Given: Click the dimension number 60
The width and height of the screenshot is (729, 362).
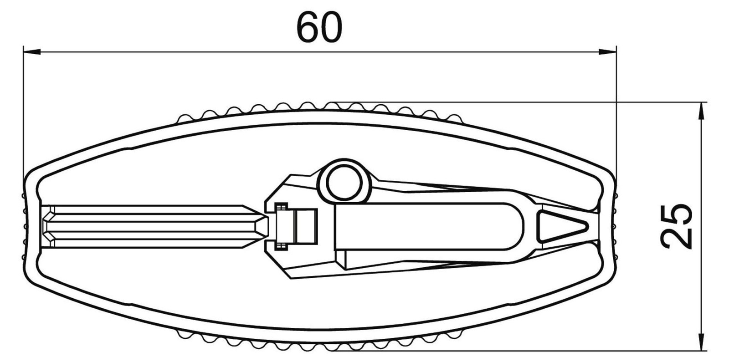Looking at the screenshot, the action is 319,27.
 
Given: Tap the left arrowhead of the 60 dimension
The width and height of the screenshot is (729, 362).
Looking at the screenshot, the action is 32,51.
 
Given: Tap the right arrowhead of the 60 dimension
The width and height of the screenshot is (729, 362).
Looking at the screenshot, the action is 608,51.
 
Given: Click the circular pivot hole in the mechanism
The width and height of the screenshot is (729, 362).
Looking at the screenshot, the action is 344,182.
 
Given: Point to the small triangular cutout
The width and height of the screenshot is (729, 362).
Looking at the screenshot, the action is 562,227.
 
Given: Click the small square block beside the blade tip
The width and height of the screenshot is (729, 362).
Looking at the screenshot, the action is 305,226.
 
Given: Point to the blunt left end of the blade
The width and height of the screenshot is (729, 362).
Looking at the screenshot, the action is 45,226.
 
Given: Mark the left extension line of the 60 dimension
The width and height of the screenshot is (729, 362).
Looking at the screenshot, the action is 23,116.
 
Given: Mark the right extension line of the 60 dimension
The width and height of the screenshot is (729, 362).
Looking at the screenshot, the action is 616,116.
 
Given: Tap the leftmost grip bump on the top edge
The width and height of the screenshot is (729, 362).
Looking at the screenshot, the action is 185,119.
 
